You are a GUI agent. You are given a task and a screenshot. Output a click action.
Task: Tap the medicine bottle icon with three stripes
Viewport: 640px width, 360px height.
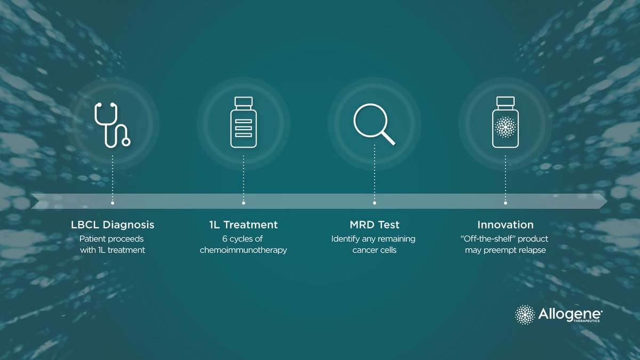(243, 122)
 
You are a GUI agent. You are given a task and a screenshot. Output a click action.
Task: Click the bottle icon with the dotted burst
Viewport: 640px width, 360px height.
(505, 122)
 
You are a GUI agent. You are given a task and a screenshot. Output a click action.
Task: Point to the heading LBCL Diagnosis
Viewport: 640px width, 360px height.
(113, 225)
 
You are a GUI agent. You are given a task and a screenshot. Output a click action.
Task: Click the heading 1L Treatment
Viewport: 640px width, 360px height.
(243, 225)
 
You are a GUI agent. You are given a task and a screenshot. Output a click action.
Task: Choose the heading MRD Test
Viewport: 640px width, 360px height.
(373, 225)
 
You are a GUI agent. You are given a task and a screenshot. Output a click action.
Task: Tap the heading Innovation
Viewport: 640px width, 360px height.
(505, 225)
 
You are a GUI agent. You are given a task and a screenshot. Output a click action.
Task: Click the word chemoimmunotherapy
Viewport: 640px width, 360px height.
(243, 250)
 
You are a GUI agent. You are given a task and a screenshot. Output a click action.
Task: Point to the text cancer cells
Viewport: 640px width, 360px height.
(373, 250)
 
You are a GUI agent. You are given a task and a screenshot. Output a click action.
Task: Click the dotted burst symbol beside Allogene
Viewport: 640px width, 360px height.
(525, 315)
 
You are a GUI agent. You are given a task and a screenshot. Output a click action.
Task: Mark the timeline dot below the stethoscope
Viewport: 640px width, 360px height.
(113, 203)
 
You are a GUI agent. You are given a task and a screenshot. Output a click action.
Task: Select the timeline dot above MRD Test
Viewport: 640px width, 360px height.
(374, 203)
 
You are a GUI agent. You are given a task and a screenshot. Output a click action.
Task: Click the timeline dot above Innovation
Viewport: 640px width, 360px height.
(505, 203)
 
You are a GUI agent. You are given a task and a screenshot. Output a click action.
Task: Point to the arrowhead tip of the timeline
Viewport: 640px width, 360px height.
(606, 201)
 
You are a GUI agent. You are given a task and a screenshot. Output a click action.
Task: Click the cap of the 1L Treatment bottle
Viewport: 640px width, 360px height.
(243, 101)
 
